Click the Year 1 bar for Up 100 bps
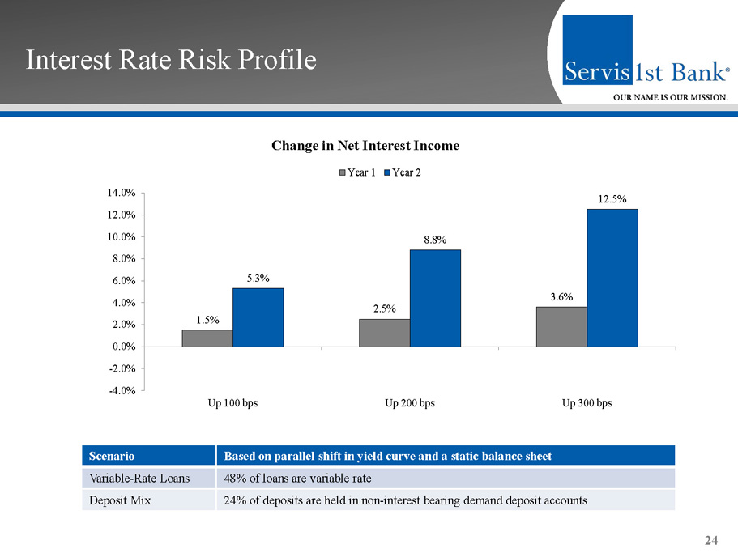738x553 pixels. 207,338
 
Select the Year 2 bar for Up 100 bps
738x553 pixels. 258,317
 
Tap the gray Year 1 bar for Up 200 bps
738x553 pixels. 384,333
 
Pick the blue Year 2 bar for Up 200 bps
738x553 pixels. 435,298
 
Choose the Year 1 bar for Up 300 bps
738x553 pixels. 561,327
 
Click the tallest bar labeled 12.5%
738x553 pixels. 612,278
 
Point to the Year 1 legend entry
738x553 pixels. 356,172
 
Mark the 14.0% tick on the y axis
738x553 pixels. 120,193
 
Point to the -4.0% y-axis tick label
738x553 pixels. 120,391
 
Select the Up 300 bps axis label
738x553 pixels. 587,403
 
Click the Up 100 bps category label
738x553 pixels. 232,403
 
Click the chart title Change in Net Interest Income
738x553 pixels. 365,146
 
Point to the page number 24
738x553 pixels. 712,541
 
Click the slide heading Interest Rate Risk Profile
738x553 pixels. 171,61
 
